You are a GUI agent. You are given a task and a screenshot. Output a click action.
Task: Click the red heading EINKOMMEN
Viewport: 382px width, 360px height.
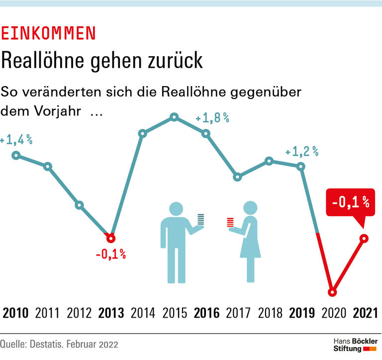point(48,33)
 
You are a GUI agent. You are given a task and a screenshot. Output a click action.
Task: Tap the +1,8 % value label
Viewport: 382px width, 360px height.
point(212,119)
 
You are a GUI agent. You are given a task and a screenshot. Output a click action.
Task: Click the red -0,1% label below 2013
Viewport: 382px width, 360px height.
point(110,255)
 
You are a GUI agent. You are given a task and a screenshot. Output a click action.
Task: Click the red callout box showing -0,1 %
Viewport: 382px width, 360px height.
point(350,202)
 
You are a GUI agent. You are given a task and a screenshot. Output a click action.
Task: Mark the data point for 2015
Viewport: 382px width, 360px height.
point(174,117)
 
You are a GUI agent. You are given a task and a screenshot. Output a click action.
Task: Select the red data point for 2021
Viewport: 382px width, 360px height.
point(364,239)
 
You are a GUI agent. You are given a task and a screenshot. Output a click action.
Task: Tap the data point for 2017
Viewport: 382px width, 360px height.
point(238,177)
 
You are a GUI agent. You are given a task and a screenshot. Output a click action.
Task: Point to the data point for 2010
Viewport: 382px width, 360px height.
point(16,155)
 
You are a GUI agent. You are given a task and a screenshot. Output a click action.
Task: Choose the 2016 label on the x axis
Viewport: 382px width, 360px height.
point(206,313)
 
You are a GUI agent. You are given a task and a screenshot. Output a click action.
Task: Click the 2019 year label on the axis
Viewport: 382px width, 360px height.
point(302,313)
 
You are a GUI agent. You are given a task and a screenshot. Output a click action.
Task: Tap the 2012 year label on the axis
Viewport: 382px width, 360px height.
point(79,313)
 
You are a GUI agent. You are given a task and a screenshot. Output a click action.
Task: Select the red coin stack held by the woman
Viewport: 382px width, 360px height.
point(230,222)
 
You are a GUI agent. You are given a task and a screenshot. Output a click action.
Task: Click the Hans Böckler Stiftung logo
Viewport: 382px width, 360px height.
point(355,344)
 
